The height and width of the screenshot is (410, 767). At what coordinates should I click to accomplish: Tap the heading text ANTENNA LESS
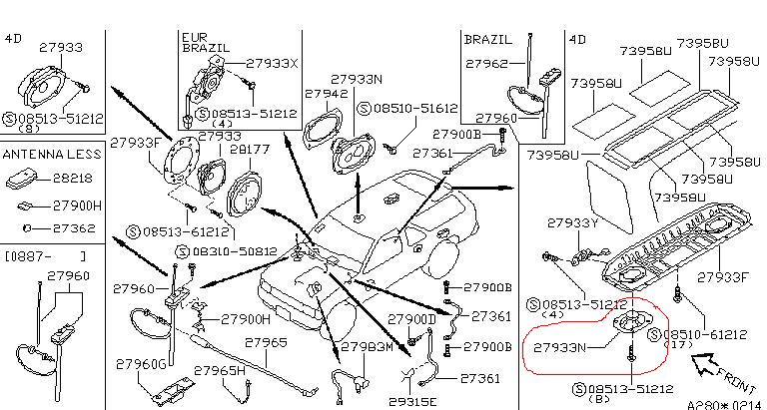[x=51, y=155]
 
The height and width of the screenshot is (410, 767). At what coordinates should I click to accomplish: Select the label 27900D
[x=412, y=319]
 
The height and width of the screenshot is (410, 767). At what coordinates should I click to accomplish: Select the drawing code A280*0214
[x=721, y=405]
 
